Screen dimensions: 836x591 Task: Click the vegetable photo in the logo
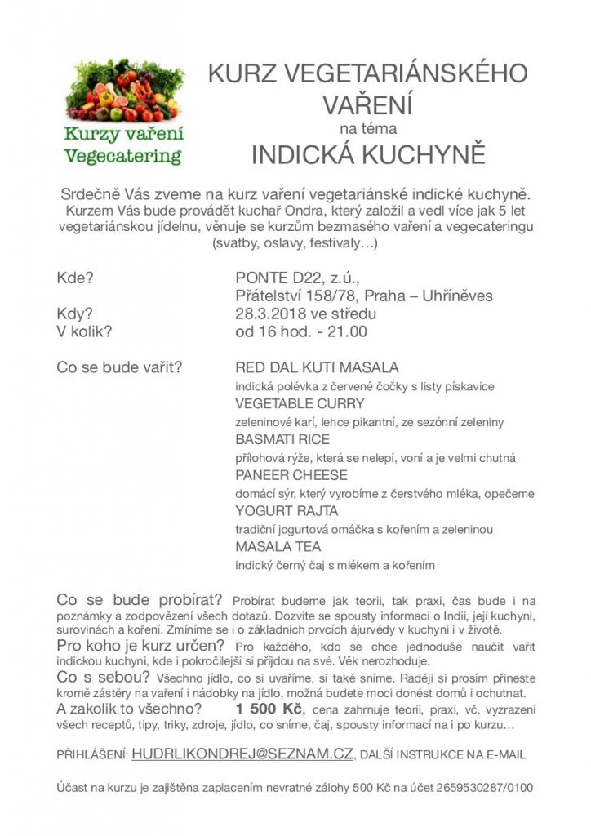click(124, 90)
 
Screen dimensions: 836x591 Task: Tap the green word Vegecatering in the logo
click(123, 156)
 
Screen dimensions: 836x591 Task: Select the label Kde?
click(75, 278)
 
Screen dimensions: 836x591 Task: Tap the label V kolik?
click(84, 331)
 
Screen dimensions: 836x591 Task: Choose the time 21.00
click(348, 331)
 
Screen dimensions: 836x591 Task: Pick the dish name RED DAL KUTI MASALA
click(317, 367)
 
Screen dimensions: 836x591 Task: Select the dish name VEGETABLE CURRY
click(300, 403)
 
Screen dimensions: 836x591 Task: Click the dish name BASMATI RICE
click(282, 439)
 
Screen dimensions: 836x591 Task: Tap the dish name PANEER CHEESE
click(291, 475)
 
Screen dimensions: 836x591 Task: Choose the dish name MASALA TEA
click(278, 547)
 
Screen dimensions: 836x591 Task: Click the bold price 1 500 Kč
click(269, 707)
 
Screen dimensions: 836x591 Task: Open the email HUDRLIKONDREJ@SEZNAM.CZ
click(242, 755)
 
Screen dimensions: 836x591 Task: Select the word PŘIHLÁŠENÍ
click(91, 756)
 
